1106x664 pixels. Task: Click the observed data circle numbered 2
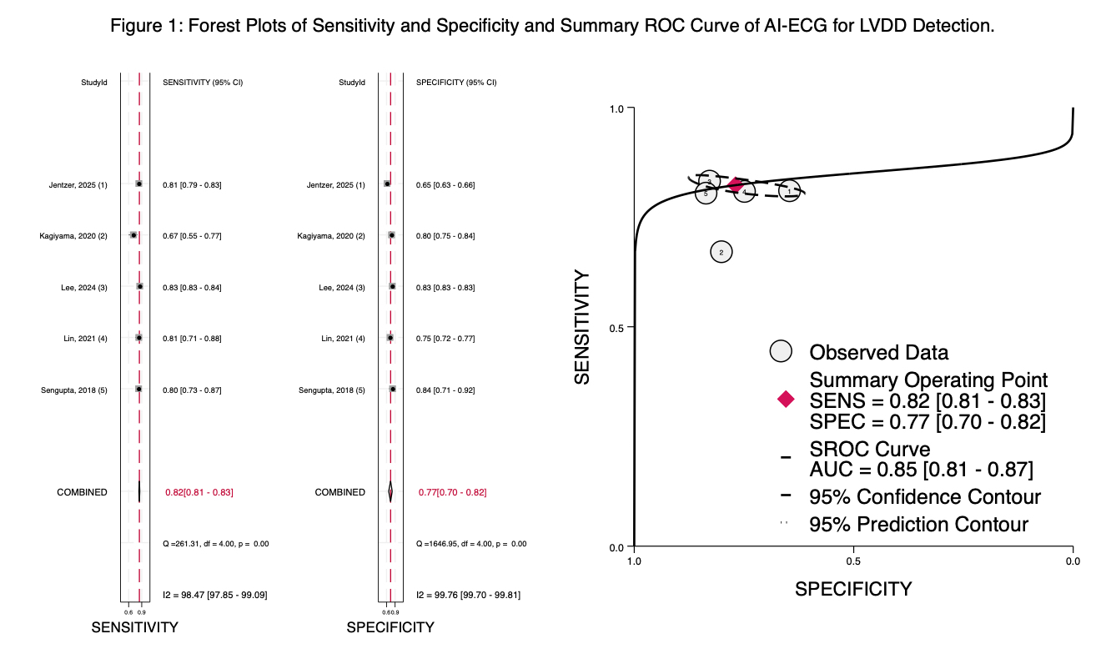click(x=721, y=251)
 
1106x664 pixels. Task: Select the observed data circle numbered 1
click(x=789, y=192)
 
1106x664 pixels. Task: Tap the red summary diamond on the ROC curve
click(x=734, y=185)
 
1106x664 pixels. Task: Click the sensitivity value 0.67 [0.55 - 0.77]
click(x=192, y=236)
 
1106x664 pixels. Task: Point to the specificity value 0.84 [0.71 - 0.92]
click(x=445, y=390)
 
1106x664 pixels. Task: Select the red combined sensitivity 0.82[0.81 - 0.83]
click(x=199, y=492)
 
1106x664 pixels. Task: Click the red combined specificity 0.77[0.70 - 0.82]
click(x=452, y=492)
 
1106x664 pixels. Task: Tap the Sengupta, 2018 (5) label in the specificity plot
click(x=331, y=390)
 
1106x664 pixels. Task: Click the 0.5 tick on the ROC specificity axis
click(x=853, y=561)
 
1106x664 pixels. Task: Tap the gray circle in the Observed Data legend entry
click(x=782, y=351)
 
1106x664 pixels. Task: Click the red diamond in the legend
click(x=785, y=400)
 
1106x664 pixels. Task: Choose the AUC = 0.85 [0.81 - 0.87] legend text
click(x=921, y=470)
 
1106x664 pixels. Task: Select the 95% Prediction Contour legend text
click(x=918, y=525)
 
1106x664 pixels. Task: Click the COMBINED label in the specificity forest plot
click(x=339, y=492)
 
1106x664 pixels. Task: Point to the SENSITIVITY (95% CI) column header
click(x=202, y=83)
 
